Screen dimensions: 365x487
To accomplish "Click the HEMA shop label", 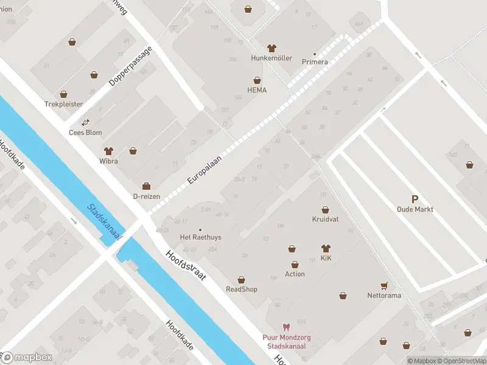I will [x=257, y=90].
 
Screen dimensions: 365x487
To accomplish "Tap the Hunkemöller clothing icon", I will [x=272, y=48].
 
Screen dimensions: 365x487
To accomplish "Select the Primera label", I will [x=315, y=61].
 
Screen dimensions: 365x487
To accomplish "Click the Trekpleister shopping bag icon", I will [x=64, y=94].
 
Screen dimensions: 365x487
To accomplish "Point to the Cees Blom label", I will [x=85, y=132].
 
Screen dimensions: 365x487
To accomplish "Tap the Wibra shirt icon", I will [x=109, y=150].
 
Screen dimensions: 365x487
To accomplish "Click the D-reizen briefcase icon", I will [x=146, y=186].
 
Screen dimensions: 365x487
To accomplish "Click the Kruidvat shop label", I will [x=324, y=219].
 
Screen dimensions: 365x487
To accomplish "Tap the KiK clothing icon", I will [x=325, y=248].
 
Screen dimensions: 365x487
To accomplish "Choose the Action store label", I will [x=295, y=274].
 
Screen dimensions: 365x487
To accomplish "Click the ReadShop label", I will [x=241, y=289].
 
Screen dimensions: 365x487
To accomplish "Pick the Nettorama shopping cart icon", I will [x=384, y=285].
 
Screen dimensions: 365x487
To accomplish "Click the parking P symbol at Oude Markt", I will [x=415, y=199].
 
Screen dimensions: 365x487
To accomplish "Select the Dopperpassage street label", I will [x=130, y=65].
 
